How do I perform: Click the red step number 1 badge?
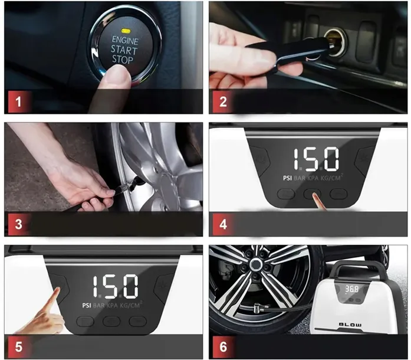click(x=19, y=102)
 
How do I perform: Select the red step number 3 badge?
click(x=19, y=224)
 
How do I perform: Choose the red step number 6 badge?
click(x=223, y=346)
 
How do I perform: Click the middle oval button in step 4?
click(x=312, y=194)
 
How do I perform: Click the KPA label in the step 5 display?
click(x=112, y=306)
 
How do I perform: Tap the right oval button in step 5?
click(x=137, y=322)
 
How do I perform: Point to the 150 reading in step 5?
click(x=115, y=286)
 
